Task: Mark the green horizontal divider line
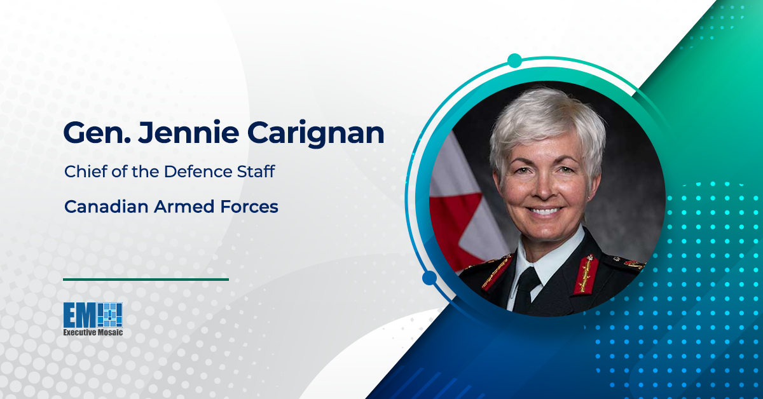coord(146,279)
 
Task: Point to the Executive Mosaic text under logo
coord(93,332)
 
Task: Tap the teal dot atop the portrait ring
coord(514,61)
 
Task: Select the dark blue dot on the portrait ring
coord(429,278)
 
